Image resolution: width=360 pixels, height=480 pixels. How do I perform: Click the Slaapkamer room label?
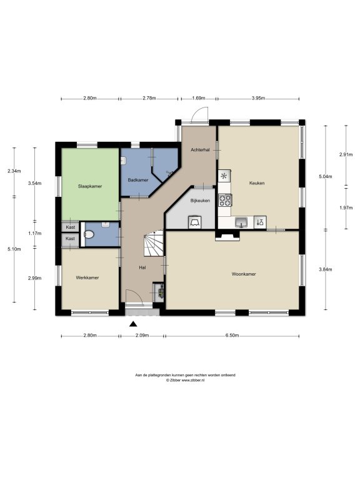tap(90, 186)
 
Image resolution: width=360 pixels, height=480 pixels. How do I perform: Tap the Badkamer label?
tap(138, 180)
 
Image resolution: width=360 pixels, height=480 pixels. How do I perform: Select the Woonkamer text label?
tap(244, 274)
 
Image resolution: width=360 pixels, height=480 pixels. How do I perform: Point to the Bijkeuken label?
tap(200, 201)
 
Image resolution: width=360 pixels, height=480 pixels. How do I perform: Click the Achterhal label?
tap(200, 150)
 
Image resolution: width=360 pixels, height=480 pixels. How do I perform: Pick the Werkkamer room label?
tap(87, 277)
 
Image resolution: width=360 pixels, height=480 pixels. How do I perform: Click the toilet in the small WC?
tap(89, 235)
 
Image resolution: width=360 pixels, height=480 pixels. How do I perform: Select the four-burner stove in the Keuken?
tap(225, 201)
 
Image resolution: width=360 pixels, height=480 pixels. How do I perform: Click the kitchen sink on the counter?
tap(241, 222)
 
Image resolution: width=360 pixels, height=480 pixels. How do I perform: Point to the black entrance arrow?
tap(133, 324)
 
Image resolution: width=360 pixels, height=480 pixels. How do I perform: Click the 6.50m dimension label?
tap(232, 335)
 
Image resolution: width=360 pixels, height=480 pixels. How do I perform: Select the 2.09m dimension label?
tap(142, 335)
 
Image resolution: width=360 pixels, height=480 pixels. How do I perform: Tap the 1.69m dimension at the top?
tap(198, 98)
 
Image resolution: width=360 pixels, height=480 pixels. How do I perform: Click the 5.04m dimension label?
tap(326, 177)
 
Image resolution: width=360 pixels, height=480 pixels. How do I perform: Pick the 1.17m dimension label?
tap(34, 233)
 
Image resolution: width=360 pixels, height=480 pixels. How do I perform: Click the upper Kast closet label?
tap(71, 227)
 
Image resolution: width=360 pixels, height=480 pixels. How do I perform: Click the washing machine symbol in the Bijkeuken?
tap(195, 222)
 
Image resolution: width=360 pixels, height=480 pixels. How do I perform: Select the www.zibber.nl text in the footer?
tap(193, 380)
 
